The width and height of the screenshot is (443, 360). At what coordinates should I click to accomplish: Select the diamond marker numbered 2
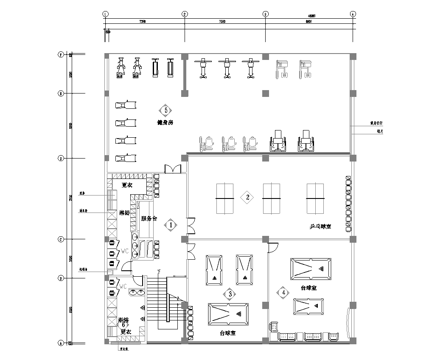tap(246, 198)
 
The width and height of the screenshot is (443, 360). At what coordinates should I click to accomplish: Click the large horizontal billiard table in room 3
tap(229, 311)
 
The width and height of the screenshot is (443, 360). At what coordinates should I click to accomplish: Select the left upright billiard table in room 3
tap(213, 268)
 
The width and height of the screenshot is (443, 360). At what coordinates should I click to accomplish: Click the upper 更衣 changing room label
tap(126, 185)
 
